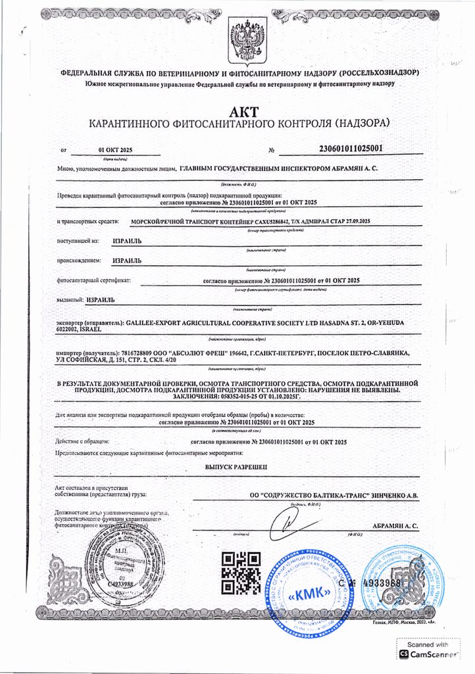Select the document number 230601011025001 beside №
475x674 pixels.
click(349, 148)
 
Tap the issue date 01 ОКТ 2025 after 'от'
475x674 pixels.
click(115, 151)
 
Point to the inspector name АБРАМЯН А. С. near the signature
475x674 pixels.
click(395, 526)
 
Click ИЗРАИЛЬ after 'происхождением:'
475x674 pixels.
click(127, 260)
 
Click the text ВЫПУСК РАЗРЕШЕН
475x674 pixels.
click(237, 465)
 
